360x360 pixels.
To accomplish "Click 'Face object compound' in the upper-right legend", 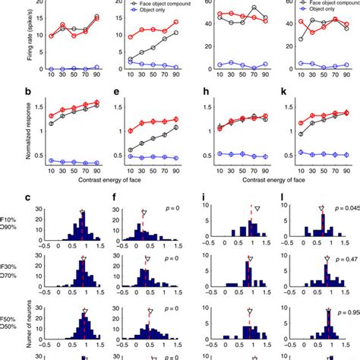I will click(x=322, y=4).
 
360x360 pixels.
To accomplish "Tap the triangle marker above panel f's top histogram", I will click(x=144, y=213).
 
